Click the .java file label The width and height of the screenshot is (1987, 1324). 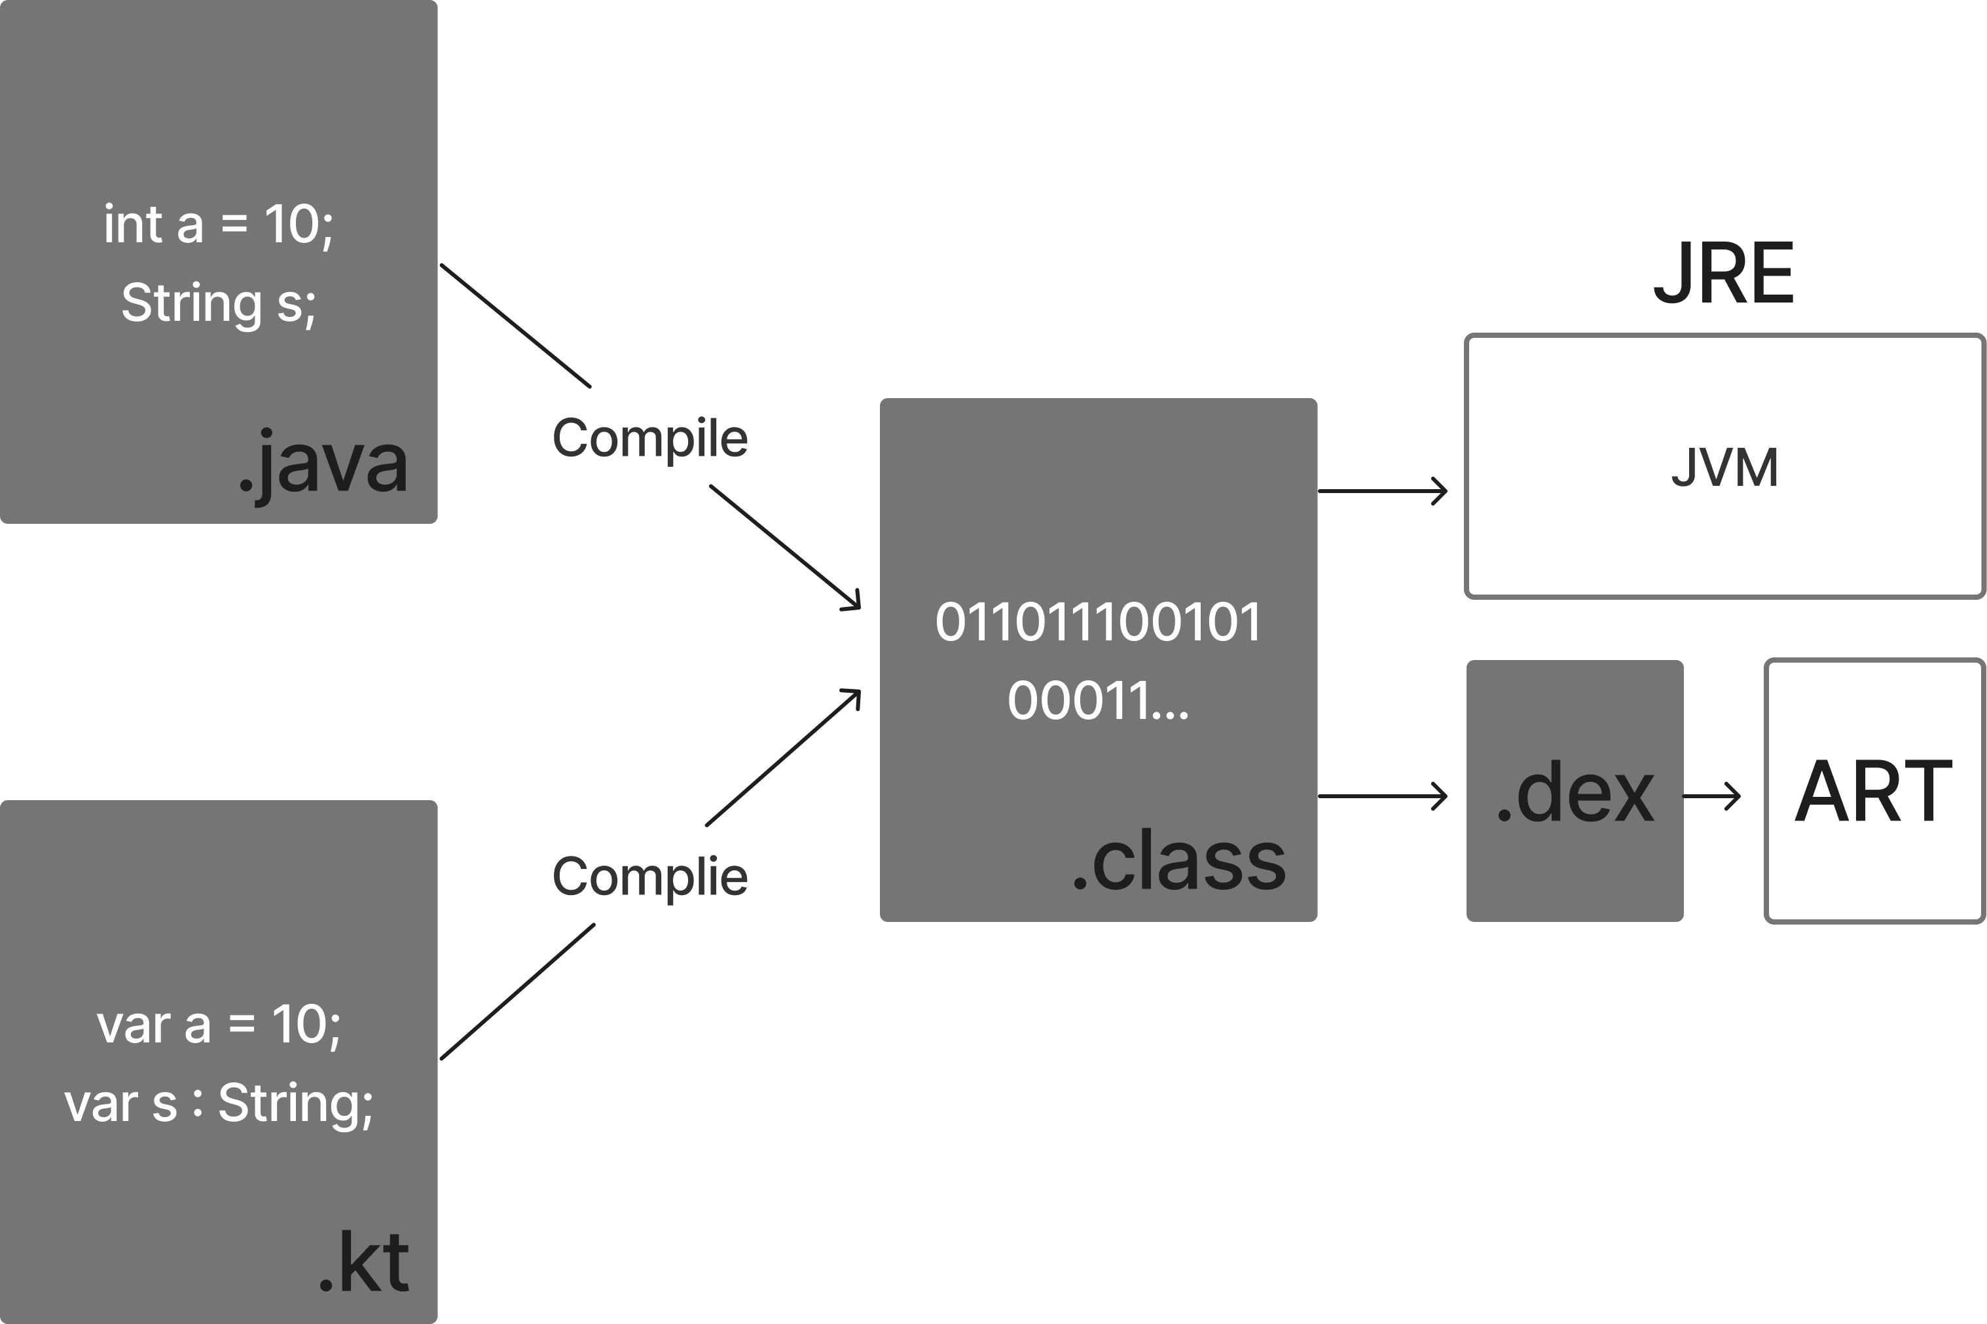coord(323,464)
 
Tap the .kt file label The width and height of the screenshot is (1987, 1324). coord(364,1263)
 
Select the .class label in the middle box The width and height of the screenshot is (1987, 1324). coord(1178,860)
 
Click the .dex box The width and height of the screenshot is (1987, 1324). coord(1575,791)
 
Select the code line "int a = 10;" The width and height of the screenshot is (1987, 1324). coord(219,225)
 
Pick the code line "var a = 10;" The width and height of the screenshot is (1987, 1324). coord(219,1025)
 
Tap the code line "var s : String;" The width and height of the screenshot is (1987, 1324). coord(219,1103)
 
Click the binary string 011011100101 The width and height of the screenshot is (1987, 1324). coord(1098,622)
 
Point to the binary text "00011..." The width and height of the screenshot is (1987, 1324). coord(1098,700)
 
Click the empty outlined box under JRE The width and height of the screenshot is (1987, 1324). coord(1724,466)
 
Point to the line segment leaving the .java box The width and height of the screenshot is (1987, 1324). coord(515,326)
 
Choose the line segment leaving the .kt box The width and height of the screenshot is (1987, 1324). coord(517,991)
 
